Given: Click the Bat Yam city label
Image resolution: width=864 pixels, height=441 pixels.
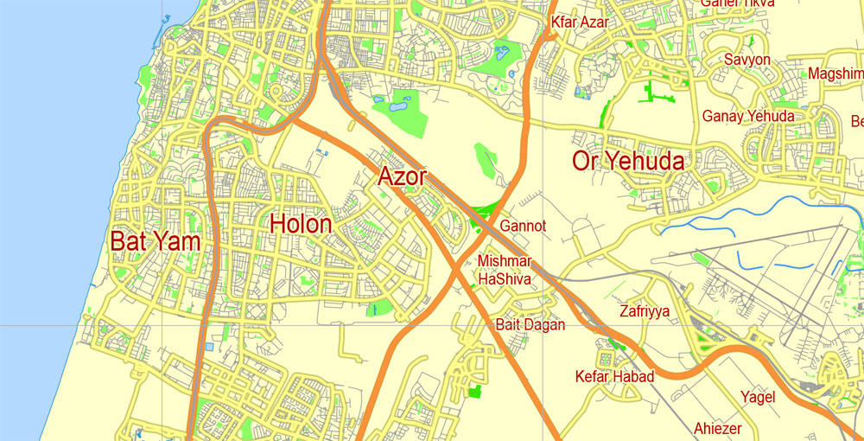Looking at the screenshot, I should [x=156, y=241].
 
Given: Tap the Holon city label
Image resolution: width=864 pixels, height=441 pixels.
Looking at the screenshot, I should [x=301, y=225].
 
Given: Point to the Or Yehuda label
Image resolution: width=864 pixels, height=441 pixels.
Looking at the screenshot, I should [x=628, y=161].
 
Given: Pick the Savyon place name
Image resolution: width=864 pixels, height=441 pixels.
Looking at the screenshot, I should [x=747, y=60].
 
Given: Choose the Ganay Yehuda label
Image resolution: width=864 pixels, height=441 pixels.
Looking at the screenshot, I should [x=748, y=116].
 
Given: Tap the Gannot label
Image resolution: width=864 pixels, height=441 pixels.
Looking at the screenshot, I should [x=523, y=227].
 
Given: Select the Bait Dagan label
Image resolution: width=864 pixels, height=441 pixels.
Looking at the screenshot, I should [x=530, y=325].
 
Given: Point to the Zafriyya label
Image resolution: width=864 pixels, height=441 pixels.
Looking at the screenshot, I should [x=645, y=311].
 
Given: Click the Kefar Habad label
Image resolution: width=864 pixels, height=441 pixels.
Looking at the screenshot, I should [x=614, y=376].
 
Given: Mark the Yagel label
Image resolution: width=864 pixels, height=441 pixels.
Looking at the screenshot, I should [x=758, y=397].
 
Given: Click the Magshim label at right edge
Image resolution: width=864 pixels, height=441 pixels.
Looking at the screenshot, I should [x=835, y=73].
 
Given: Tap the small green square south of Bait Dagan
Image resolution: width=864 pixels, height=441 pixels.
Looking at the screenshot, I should [x=473, y=392].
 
